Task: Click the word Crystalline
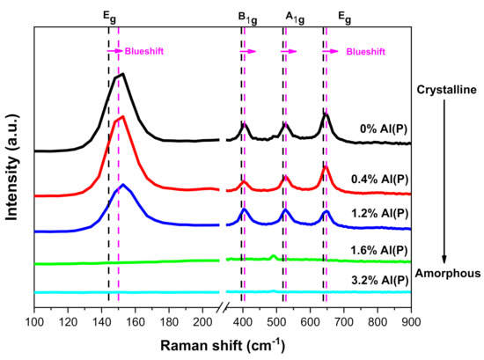click(446, 89)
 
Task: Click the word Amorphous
click(447, 273)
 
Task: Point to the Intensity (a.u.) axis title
click(13, 166)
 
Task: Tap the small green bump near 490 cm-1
click(273, 256)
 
